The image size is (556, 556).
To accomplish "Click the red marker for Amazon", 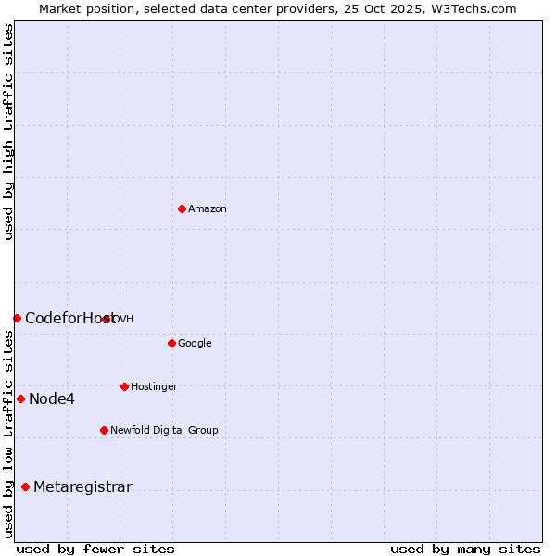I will coord(182,208).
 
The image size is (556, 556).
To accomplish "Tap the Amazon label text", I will coord(208,209).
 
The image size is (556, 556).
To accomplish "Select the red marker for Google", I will coord(171,343).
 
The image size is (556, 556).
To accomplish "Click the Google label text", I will coord(195,344).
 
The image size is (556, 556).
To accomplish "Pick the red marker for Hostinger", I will coord(124,386).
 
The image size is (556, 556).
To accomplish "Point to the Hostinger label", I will coord(154,387).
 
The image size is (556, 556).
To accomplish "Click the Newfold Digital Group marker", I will coord(104,430).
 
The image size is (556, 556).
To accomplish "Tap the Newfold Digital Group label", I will coord(164,431).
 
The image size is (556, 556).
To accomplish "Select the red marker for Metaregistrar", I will coord(25,487).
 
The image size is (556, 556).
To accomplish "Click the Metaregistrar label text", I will coord(82,487).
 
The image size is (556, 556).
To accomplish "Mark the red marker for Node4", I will coord(20,398).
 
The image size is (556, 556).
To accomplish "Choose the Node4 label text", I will coord(52,399).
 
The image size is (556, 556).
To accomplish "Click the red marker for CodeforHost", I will coord(17,318).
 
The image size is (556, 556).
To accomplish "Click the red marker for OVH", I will coord(107,319).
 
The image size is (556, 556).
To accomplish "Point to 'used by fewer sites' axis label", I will coord(95,550).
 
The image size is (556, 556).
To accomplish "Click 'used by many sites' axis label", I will coord(465,550).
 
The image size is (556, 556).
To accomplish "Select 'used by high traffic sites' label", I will coord(9,132).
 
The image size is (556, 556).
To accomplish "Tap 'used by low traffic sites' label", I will coord(9,434).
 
